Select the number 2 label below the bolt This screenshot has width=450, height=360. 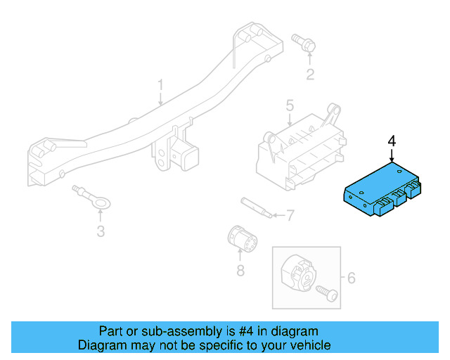(x=309, y=75)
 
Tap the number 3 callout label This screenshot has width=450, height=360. (x=101, y=231)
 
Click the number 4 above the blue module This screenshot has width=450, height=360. (x=392, y=141)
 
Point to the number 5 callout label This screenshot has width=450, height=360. (x=289, y=106)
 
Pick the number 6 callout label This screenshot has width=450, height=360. (x=352, y=278)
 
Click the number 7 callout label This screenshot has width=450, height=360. (x=289, y=215)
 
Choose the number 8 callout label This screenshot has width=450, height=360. (x=240, y=270)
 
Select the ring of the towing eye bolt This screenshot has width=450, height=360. (x=103, y=205)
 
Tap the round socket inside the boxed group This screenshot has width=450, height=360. (x=300, y=274)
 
